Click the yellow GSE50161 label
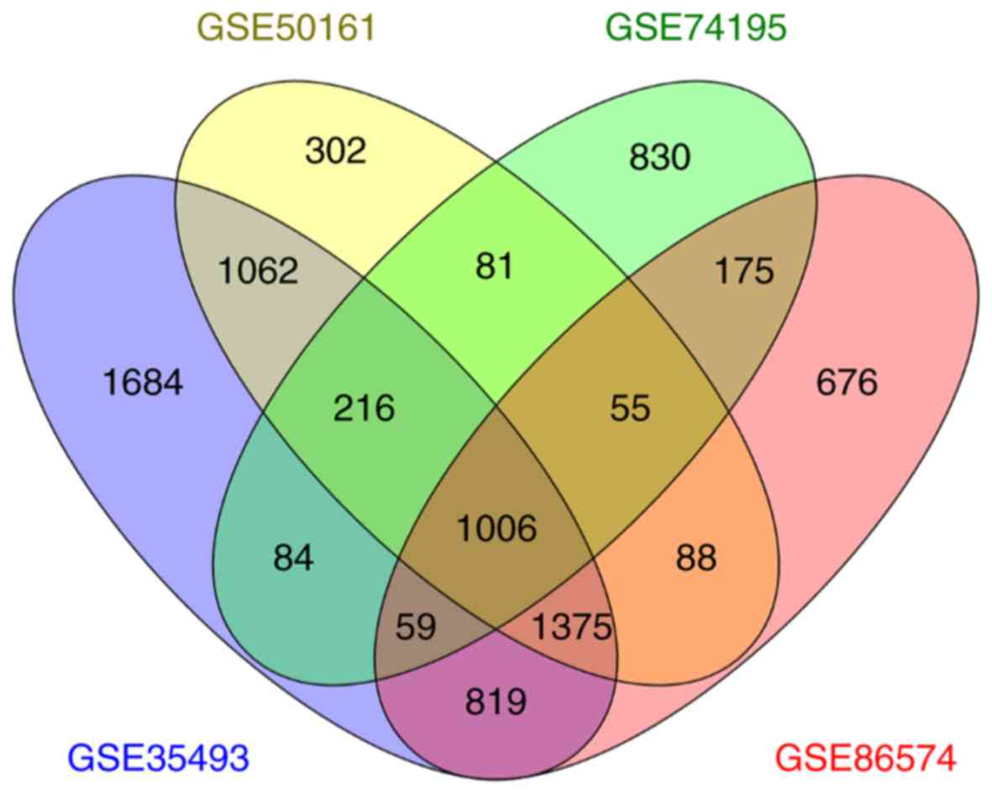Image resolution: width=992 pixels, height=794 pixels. click(x=283, y=28)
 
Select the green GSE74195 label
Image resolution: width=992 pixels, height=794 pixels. click(x=695, y=28)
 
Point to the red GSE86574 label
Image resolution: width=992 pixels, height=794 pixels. click(x=865, y=758)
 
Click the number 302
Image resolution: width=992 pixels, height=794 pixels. click(x=336, y=151)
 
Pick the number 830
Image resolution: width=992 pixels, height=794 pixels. click(x=659, y=156)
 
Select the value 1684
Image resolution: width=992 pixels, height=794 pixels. click(x=142, y=384)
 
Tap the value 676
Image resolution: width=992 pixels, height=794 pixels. click(x=846, y=384)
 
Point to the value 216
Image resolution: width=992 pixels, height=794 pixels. click(x=365, y=409)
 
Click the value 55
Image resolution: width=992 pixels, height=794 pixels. click(x=631, y=409)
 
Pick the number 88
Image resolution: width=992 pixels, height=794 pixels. click(x=695, y=558)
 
